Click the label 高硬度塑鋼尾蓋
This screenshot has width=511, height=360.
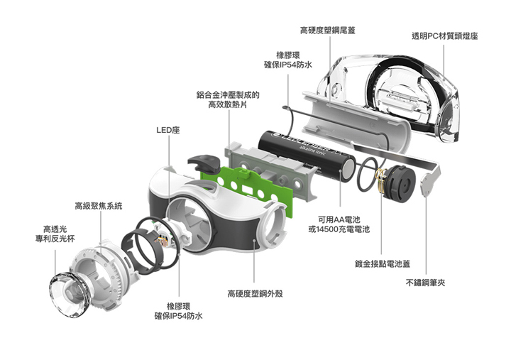327,30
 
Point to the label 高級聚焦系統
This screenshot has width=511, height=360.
99,206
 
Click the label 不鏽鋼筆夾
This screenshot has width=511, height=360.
425,282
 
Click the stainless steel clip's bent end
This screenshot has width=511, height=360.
430,185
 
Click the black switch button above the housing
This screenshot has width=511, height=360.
202,164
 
